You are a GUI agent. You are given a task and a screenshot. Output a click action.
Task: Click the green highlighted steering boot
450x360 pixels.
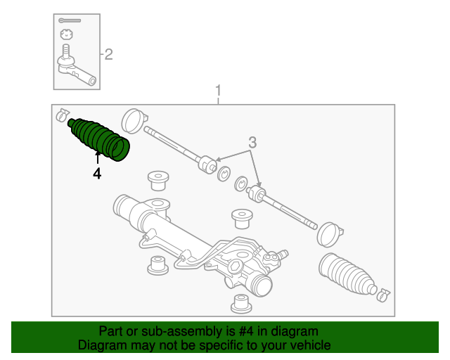pos(100,139)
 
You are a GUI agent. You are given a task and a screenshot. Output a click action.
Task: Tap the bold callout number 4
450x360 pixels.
pos(97,173)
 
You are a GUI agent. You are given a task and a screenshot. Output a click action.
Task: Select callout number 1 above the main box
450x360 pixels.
pos(218,91)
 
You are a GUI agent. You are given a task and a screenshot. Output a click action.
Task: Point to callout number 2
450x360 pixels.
pos(108,55)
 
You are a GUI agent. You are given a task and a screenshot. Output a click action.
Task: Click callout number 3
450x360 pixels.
pos(251,143)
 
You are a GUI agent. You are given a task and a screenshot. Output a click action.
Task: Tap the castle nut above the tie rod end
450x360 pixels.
pos(67,34)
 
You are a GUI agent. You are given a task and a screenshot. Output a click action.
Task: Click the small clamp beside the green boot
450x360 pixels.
pos(62,112)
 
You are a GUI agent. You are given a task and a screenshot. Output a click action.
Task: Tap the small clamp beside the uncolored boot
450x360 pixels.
pos(383,293)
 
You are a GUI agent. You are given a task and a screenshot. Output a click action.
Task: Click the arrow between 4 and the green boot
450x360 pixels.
pos(97,158)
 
